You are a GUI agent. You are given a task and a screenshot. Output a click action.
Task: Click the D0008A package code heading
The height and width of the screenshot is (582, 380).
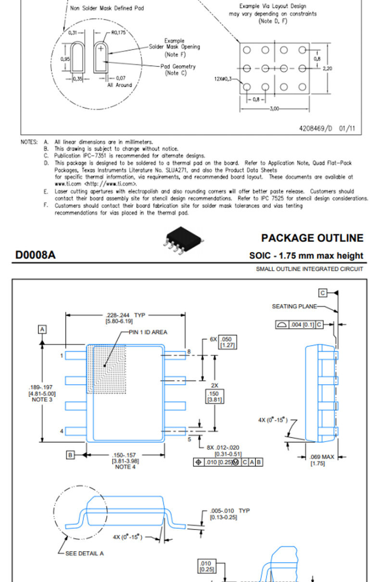35,255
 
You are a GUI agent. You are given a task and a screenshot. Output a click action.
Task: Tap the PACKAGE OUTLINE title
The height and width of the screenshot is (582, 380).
312,238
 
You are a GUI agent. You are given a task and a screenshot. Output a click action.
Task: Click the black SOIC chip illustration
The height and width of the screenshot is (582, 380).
183,240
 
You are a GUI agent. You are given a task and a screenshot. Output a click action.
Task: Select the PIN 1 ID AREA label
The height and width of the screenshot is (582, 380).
148,332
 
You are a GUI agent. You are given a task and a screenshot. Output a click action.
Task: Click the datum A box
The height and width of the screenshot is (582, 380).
42,329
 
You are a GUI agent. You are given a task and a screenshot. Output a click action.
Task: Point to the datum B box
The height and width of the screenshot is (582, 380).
70,455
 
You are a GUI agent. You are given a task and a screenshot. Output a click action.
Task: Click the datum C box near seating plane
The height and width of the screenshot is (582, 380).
323,293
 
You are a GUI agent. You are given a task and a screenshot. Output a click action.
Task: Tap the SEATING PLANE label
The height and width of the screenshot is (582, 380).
294,306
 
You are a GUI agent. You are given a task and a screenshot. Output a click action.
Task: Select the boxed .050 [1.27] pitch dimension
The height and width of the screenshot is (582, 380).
228,342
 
